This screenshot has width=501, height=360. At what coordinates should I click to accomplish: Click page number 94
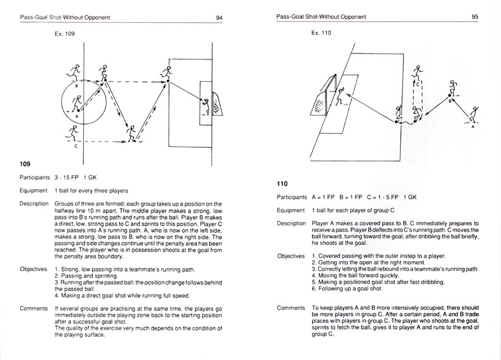[x=219, y=17]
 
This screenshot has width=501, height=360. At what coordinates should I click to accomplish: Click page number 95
[x=475, y=17]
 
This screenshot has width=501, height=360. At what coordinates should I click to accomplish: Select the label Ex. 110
[x=321, y=33]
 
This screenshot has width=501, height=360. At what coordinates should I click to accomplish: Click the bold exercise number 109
[x=25, y=164]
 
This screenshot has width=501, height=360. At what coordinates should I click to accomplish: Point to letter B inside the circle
[x=77, y=87]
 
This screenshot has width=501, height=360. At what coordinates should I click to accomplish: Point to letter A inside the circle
[x=77, y=117]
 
